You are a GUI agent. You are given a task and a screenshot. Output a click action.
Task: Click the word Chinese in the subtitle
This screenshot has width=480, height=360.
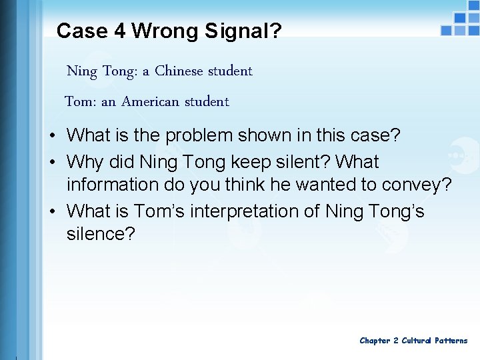(180, 71)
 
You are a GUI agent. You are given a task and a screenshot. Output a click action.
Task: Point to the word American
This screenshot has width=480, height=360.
(151, 102)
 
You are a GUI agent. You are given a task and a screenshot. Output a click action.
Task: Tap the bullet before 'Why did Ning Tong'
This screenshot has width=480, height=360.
(51, 163)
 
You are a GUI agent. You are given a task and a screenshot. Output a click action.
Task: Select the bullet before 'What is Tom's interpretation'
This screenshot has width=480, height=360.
(51, 212)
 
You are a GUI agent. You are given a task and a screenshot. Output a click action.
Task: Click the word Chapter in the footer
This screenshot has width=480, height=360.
(375, 341)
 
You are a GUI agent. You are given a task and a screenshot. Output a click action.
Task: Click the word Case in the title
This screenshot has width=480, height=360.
(81, 31)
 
